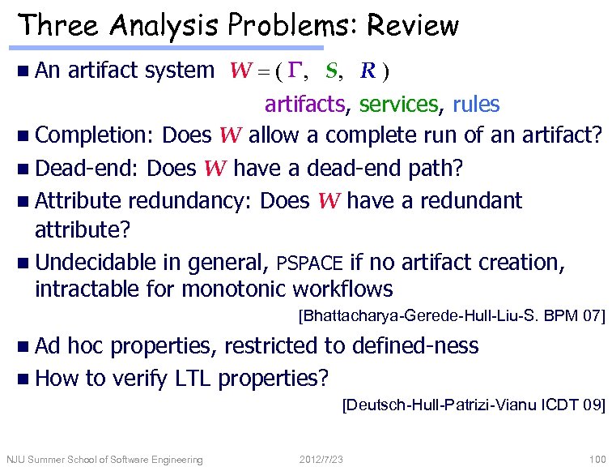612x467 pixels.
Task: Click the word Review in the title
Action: click(x=413, y=26)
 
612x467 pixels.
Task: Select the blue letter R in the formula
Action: click(x=368, y=71)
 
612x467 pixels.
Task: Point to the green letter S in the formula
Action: click(x=330, y=71)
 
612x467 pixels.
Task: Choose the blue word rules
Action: click(x=476, y=104)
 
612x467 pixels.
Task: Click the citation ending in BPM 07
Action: click(x=452, y=315)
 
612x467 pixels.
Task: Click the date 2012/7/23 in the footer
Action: click(x=321, y=460)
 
